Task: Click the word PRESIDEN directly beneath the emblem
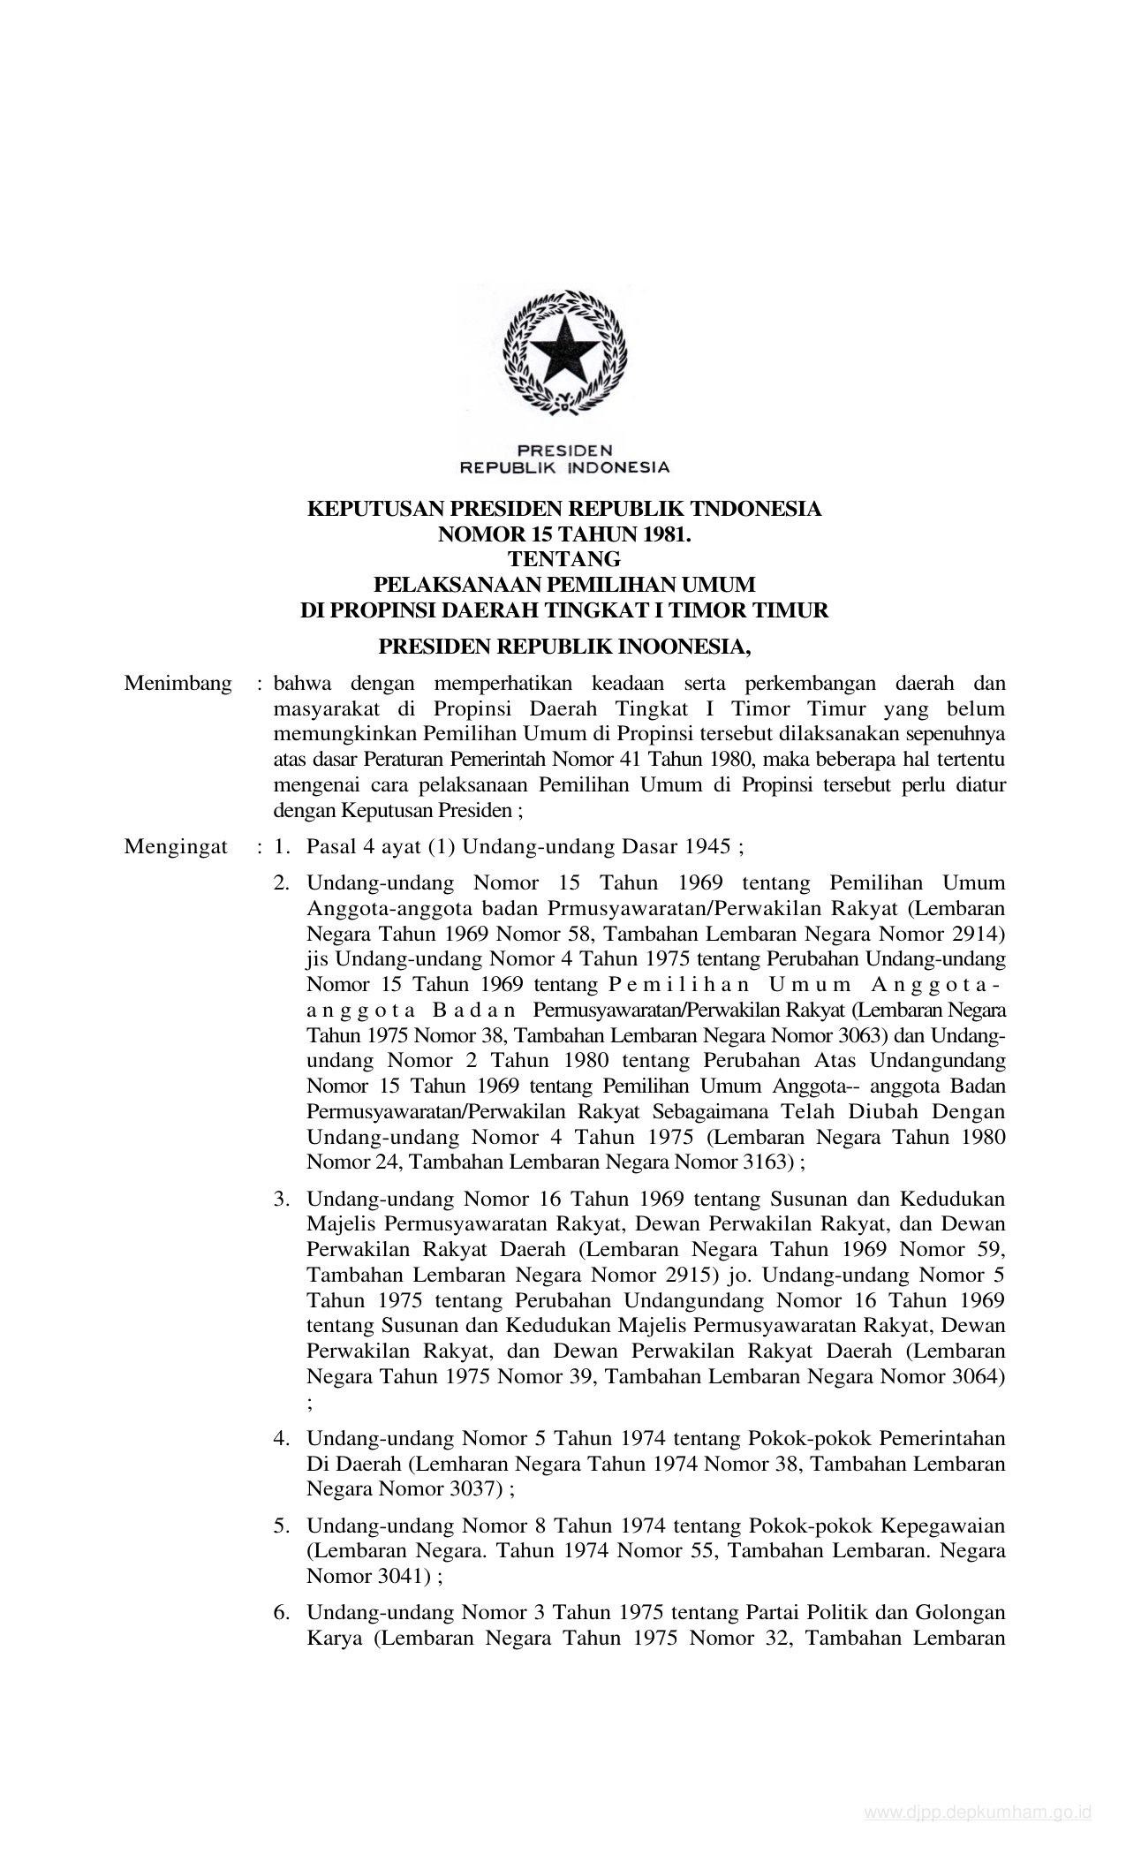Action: coord(564,450)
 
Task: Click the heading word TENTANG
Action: coord(564,559)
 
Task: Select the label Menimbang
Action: coord(178,683)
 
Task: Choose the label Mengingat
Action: coord(176,847)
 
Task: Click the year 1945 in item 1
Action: coord(709,847)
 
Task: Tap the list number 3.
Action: coord(282,1199)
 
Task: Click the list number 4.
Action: coord(282,1438)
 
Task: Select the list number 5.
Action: coord(282,1526)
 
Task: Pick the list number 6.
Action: coord(282,1613)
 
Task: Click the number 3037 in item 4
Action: coord(468,1488)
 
